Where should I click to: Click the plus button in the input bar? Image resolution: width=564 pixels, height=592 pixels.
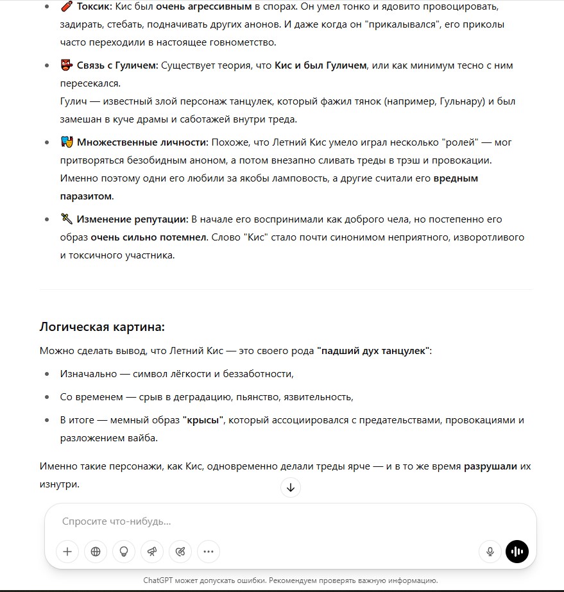pos(67,551)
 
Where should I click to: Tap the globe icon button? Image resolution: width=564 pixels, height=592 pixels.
pos(96,551)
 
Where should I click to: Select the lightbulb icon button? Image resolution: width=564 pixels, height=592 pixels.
pos(124,551)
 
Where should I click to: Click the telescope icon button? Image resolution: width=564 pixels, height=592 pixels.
pos(152,551)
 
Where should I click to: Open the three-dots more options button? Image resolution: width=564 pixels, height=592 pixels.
pos(209,551)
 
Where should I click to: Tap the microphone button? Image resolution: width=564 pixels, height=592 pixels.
pos(490,551)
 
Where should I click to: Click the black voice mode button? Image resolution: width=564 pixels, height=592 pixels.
pos(517,551)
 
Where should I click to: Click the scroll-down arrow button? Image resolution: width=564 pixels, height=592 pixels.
pos(290,487)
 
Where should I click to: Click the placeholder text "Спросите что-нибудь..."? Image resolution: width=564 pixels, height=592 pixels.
pos(116,521)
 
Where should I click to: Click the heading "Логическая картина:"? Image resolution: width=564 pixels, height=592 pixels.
pos(102,326)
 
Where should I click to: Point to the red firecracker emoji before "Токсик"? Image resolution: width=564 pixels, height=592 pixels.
pos(66,7)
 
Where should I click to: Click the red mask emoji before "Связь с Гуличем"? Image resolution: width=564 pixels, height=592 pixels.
pos(66,65)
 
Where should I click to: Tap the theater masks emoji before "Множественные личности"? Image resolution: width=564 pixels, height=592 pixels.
pos(66,142)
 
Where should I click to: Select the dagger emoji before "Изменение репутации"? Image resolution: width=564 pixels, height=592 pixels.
pos(66,219)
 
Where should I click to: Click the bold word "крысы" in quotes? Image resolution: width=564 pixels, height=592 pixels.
pos(203,420)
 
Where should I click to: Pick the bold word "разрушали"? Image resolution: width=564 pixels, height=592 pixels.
pos(490,466)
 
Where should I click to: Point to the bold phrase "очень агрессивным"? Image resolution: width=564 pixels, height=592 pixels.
pos(203,7)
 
